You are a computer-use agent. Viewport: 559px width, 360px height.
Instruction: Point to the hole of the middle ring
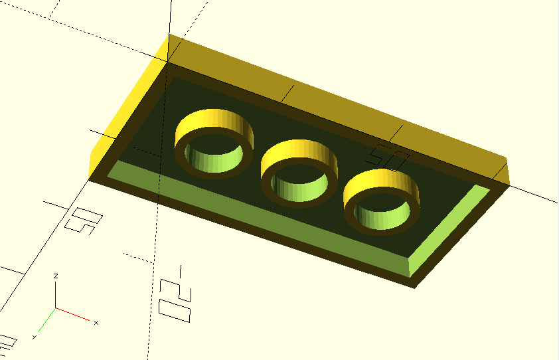coord(297,187)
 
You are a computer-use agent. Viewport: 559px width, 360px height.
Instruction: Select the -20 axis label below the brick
coord(176,296)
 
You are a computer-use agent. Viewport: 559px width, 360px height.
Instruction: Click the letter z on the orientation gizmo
coord(56,275)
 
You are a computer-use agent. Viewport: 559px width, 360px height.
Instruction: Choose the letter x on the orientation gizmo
coord(96,323)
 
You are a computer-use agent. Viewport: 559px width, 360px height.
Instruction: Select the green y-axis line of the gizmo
coord(46,320)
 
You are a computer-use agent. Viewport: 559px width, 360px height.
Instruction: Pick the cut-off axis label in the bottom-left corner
coord(7,343)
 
